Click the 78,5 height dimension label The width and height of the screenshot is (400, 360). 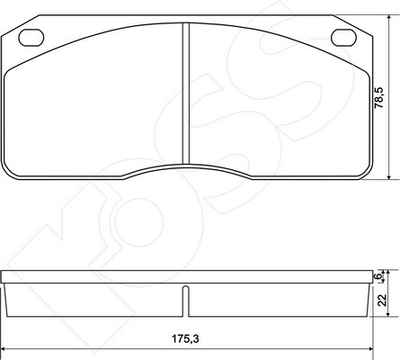pos(379,98)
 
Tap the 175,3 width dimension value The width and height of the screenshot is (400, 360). pos(185,339)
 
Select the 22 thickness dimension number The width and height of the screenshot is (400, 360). pos(382,300)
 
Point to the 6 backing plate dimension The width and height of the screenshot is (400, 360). pos(379,275)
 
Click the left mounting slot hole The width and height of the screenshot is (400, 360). pos(31,38)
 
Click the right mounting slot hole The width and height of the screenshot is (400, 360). pos(343,38)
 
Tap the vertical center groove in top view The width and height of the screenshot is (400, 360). pos(186,94)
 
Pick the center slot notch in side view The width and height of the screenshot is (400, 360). pos(186,301)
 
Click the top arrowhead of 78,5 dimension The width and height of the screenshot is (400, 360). pos(388,18)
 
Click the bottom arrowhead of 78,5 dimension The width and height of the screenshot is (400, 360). pos(388,176)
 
